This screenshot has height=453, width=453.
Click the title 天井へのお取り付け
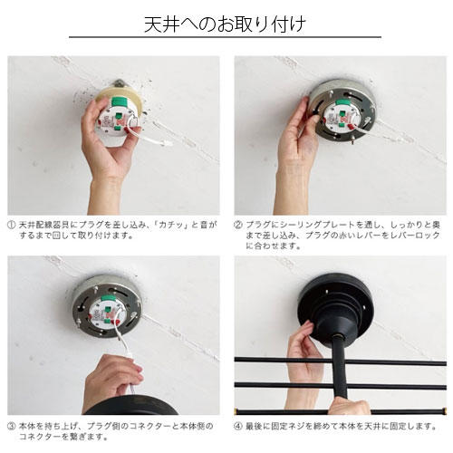click(x=225, y=24)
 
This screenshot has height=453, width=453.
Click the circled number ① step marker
click(x=11, y=225)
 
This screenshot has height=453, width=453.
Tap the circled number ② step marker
click(x=238, y=225)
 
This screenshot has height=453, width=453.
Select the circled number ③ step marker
click(x=11, y=426)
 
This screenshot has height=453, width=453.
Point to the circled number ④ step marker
click(x=238, y=426)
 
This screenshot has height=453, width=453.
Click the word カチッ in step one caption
click(x=175, y=225)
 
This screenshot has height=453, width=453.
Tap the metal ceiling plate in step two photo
click(x=342, y=111)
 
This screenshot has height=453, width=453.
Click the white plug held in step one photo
click(x=117, y=120)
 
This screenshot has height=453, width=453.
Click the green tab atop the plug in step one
click(x=120, y=101)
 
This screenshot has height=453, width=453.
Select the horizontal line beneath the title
click(x=225, y=37)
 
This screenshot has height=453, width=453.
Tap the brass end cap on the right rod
click(x=444, y=411)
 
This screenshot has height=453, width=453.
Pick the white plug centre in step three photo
click(x=107, y=314)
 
